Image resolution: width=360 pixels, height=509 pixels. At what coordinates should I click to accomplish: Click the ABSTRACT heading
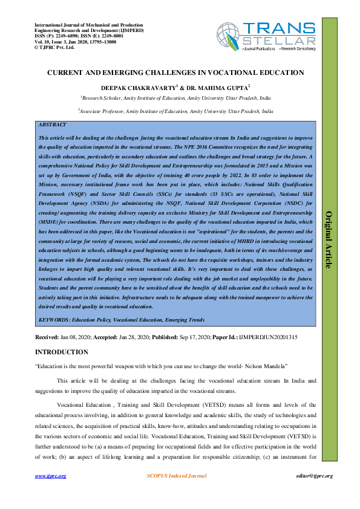tap(53, 124)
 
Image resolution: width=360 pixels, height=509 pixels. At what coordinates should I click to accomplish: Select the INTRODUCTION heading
tap(62, 352)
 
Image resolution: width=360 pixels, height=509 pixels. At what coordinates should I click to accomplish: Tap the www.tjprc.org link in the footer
tap(50, 476)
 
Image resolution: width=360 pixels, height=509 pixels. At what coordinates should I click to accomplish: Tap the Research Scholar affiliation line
tap(175, 97)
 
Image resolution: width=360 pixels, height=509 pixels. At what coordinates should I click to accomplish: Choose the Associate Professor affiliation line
tap(175, 111)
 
